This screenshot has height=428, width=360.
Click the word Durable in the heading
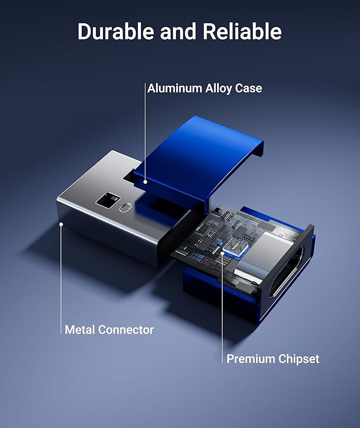116,31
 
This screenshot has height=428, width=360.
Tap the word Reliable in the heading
242,31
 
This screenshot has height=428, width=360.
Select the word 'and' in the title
178,31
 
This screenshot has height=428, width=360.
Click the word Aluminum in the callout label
174,88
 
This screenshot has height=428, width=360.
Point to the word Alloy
218,88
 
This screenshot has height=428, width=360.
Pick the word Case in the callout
248,88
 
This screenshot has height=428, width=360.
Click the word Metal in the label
80,329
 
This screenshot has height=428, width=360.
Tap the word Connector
126,329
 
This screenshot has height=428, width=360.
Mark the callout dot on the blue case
145,182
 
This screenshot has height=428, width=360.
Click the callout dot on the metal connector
62,224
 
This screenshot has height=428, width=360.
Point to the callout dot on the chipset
223,253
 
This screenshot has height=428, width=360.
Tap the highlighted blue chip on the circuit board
234,246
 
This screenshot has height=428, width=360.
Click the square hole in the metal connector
108,200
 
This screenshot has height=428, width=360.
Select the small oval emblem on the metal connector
126,207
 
